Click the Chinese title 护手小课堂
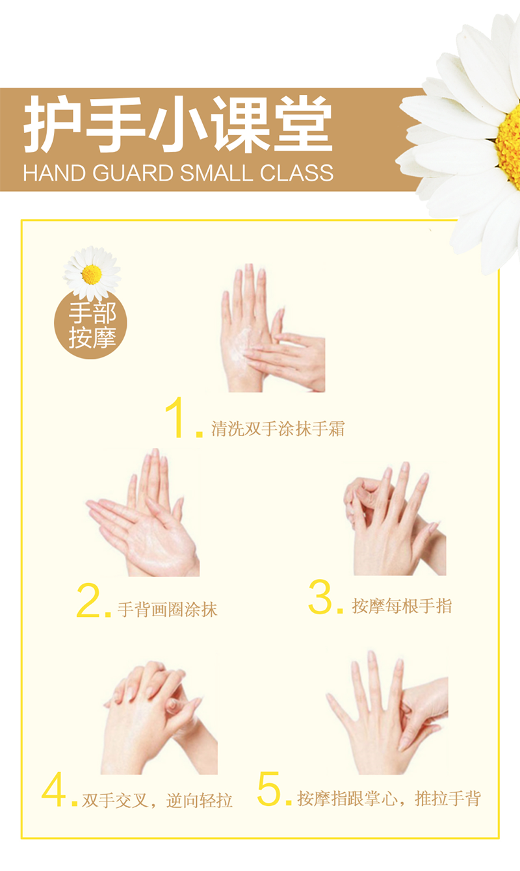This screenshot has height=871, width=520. (177, 125)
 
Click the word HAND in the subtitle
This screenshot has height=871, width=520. (54, 173)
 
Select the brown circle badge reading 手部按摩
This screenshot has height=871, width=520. (90, 324)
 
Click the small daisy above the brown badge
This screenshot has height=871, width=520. (92, 273)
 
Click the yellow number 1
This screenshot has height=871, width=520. (177, 419)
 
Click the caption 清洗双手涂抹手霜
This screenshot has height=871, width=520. (278, 429)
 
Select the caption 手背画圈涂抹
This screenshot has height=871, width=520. (167, 610)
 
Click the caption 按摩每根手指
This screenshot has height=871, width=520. (402, 606)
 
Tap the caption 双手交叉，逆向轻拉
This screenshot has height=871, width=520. (157, 800)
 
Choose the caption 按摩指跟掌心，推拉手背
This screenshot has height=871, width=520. (389, 799)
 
